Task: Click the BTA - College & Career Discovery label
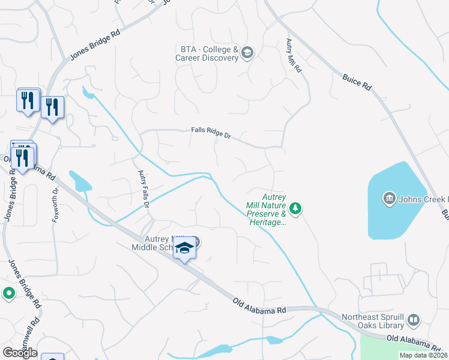coord(206,53)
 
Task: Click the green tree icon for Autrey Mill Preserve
coord(295,208)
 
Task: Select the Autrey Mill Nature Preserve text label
coord(266,209)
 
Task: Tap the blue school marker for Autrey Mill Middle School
coord(185,248)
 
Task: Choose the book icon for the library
coord(413,321)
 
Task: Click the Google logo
coord(20,353)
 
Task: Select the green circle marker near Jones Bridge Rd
coord(8,293)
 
